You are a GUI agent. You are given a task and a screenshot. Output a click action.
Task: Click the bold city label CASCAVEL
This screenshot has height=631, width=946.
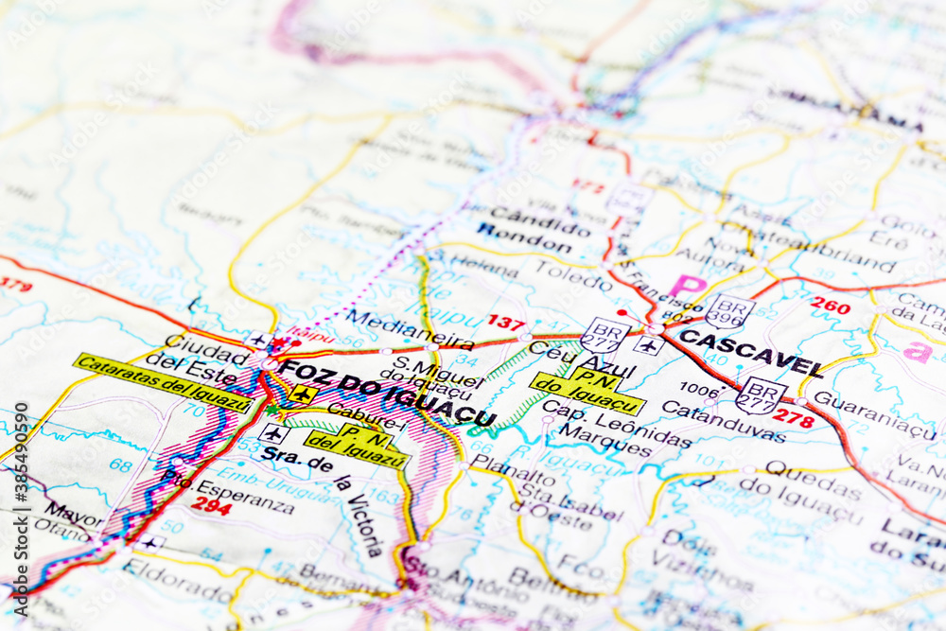(x=750, y=352)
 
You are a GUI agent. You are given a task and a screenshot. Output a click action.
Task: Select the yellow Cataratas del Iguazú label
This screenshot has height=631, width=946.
(x=163, y=382)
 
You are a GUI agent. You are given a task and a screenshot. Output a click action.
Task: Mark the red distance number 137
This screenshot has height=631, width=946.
(x=506, y=323)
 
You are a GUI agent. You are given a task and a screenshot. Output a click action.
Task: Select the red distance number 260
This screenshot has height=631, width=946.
(x=830, y=306)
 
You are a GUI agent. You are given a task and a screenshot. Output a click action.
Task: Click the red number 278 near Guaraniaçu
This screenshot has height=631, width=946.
(x=793, y=418)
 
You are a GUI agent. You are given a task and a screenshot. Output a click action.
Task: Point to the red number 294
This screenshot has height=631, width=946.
(x=211, y=505)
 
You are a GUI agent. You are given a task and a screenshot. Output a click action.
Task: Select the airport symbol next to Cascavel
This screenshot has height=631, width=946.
(x=648, y=345)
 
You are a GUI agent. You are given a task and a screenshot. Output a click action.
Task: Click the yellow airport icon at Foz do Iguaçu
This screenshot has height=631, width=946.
(x=303, y=394)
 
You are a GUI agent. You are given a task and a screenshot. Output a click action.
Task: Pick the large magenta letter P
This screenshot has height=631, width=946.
(x=688, y=287)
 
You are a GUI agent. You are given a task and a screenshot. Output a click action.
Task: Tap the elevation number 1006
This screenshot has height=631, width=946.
(x=699, y=389)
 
